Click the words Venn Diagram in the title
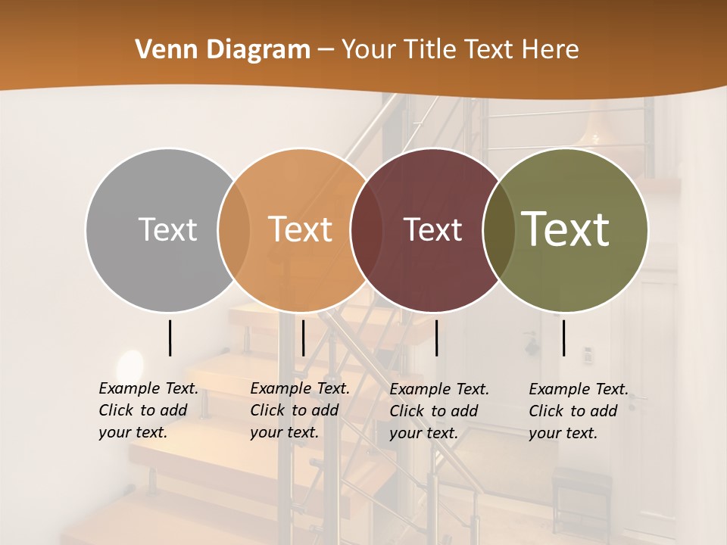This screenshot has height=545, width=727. [x=223, y=50]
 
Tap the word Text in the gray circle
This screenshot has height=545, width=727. [x=167, y=229]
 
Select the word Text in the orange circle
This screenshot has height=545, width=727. [x=301, y=229]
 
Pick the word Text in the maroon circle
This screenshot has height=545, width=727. [x=432, y=229]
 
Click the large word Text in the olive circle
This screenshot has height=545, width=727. [x=566, y=229]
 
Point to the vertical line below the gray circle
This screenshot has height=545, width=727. [x=170, y=338]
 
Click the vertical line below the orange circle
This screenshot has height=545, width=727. [x=303, y=338]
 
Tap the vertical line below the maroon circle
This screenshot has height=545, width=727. [x=436, y=338]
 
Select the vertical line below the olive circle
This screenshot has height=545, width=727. [x=563, y=338]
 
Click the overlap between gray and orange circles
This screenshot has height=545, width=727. [x=234, y=229]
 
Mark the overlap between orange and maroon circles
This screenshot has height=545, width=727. [x=367, y=229]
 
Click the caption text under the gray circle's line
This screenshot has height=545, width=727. [x=148, y=410]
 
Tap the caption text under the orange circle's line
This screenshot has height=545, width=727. [x=300, y=410]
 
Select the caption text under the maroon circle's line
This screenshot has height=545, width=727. [x=439, y=411]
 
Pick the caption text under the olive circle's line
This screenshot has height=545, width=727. [x=579, y=411]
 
